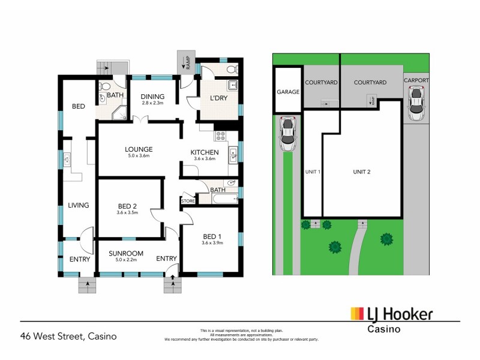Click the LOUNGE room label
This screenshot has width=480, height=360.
[x=139, y=149]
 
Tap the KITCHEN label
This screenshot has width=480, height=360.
[x=204, y=152]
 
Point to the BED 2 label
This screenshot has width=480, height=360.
[x=127, y=205]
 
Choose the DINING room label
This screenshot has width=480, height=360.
[x=152, y=97]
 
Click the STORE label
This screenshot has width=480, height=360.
[x=188, y=201]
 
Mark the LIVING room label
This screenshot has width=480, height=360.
[x=78, y=205]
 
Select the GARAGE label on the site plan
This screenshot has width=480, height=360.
[x=288, y=92]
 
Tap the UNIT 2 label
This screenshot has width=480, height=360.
[x=361, y=172]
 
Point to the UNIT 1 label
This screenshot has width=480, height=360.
[x=312, y=172]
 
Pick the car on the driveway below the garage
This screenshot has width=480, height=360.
[x=288, y=133]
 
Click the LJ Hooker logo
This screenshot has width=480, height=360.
[x=391, y=314]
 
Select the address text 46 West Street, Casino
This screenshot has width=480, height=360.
[x=68, y=336]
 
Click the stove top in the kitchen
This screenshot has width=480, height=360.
[x=220, y=136]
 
